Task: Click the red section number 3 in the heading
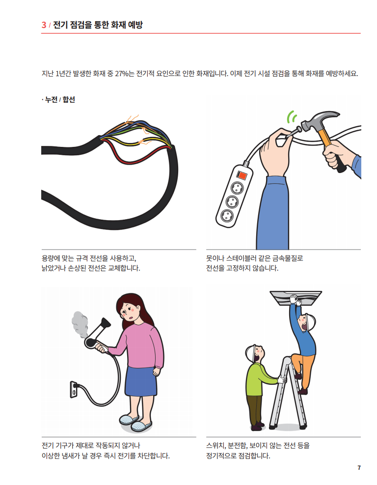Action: (44, 25)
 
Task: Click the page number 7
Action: (359, 468)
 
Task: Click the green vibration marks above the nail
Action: (291, 117)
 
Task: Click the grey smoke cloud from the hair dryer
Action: (80, 325)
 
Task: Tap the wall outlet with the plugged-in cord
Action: (74, 389)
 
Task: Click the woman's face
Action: (129, 312)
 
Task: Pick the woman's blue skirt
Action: (141, 381)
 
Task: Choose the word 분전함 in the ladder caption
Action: (237, 445)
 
